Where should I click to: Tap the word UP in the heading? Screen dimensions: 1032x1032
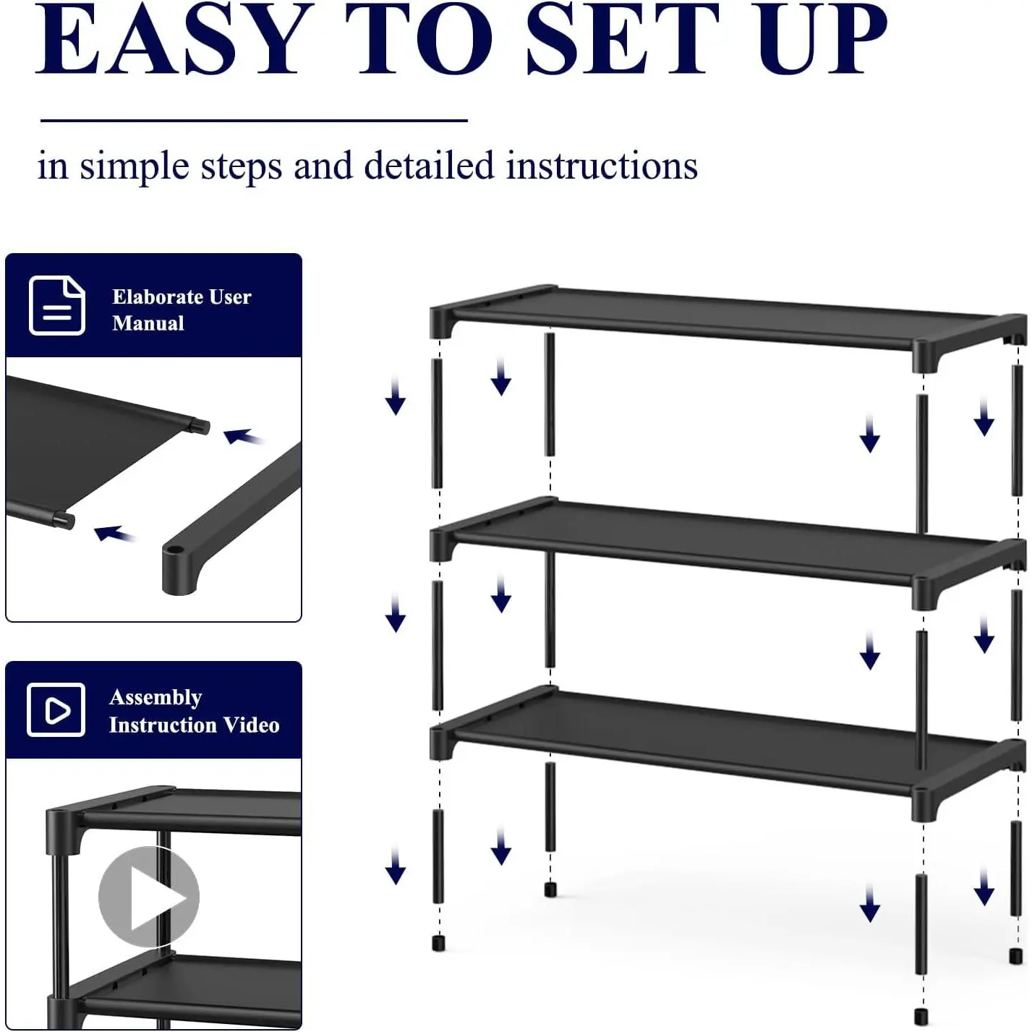(x=823, y=40)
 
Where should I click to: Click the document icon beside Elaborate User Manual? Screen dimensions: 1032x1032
(x=56, y=306)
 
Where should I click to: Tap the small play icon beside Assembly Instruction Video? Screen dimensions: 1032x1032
(x=56, y=710)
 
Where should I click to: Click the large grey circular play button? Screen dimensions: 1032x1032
(x=149, y=897)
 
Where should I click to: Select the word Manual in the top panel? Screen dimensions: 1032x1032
(x=148, y=323)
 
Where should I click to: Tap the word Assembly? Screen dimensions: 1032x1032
(x=155, y=698)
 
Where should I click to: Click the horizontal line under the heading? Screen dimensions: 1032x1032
(x=255, y=121)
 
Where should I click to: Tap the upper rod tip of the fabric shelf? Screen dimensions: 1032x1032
(x=201, y=426)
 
